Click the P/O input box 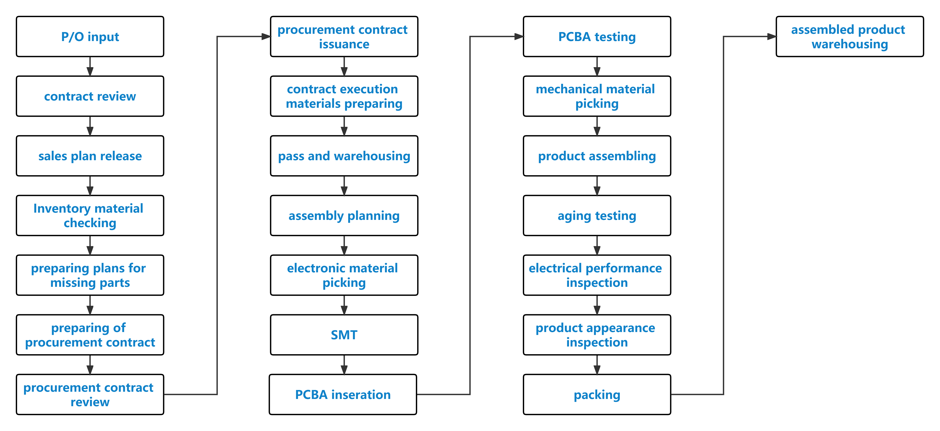click(90, 36)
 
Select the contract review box click(90, 96)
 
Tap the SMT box click(344, 335)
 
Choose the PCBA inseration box click(343, 395)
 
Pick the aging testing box click(597, 215)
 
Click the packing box click(597, 395)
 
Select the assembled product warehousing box click(850, 36)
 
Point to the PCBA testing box click(597, 36)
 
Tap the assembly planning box click(344, 215)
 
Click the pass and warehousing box click(344, 156)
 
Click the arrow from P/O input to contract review click(90, 66)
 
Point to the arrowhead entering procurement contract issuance click(266, 36)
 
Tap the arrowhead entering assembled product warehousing click(772, 36)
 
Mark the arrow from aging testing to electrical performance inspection click(597, 245)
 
